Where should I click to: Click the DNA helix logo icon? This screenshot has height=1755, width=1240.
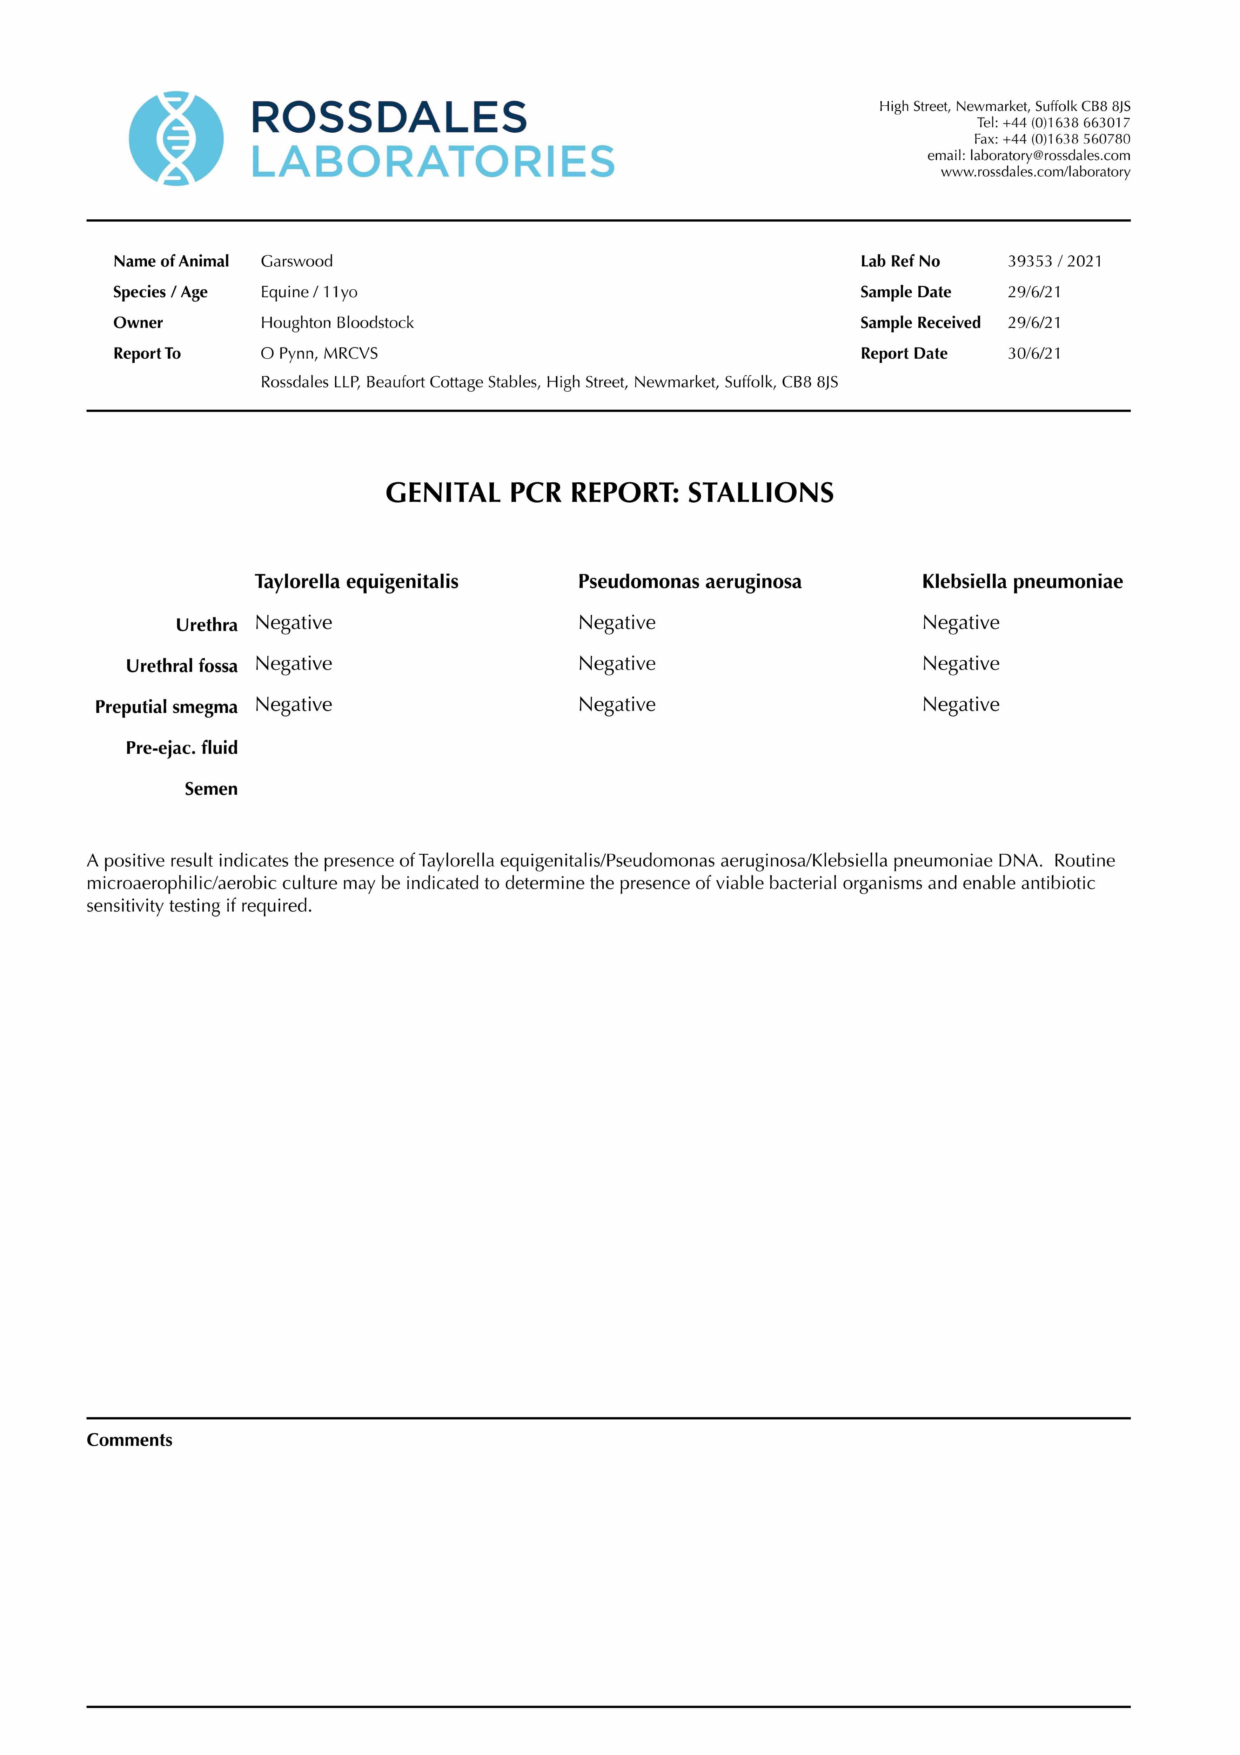(x=176, y=138)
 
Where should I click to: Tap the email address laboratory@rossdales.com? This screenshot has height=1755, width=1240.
(x=1049, y=155)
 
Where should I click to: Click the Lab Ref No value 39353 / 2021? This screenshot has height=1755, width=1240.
(x=1054, y=261)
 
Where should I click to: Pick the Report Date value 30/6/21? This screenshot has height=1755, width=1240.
(x=1034, y=353)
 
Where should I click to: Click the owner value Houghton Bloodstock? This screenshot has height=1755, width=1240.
(x=337, y=323)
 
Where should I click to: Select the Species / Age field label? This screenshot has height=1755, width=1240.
(x=160, y=292)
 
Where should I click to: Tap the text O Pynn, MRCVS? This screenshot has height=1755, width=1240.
(x=319, y=353)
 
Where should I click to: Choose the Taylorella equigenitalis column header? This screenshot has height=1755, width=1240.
(x=357, y=582)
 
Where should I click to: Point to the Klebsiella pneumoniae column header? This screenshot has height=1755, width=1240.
(x=1022, y=582)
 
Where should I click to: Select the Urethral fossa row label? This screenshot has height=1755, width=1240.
(x=182, y=666)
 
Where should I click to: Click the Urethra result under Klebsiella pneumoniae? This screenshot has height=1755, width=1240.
(x=960, y=623)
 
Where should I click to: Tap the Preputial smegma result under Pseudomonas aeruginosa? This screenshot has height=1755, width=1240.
(x=617, y=705)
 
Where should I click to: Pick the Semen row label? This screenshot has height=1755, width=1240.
(x=211, y=789)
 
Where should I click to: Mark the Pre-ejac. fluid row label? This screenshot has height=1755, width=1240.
(x=182, y=748)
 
